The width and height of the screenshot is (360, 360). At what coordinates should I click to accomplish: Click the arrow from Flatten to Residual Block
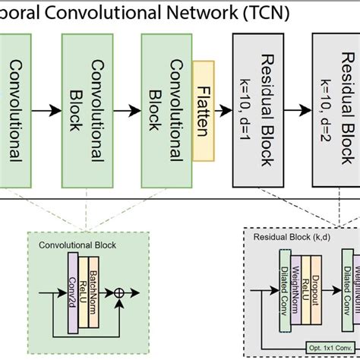(226, 111)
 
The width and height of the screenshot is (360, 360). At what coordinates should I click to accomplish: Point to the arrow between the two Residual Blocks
(302, 111)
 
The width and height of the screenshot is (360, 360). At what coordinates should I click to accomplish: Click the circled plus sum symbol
(118, 292)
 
